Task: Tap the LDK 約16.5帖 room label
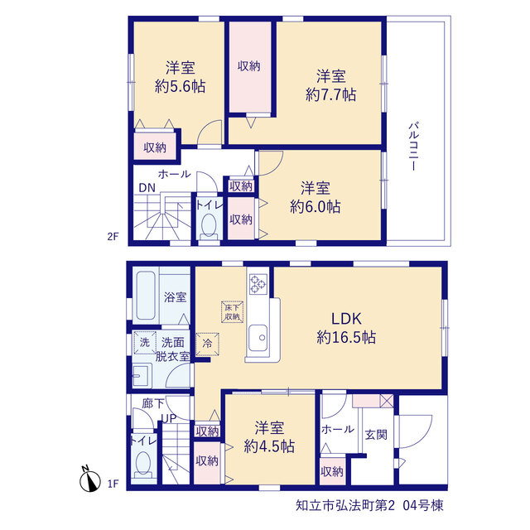tap(346, 328)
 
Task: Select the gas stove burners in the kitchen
tap(258, 283)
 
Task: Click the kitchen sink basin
tap(258, 338)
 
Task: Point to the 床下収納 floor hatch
tap(232, 311)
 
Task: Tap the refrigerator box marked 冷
tap(207, 344)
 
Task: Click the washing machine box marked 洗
tap(145, 342)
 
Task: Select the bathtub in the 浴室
tap(146, 295)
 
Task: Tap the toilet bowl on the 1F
tap(143, 464)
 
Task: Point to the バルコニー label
tap(414, 147)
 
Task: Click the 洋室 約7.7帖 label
tap(331, 85)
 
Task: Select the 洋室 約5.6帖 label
tap(181, 77)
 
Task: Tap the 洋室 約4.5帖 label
tap(269, 437)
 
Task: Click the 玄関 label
tap(376, 435)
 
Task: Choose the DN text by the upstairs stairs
tap(147, 188)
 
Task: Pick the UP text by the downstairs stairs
tap(168, 418)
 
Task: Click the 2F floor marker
tap(113, 236)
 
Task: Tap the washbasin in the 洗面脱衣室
tap(142, 375)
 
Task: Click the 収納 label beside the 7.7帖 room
tap(249, 66)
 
